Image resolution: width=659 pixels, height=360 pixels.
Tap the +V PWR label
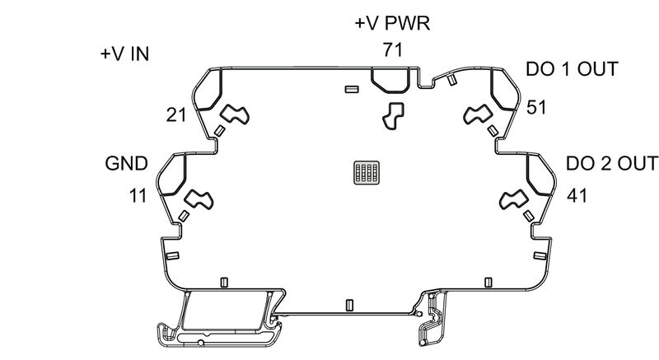pyautogui.click(x=392, y=23)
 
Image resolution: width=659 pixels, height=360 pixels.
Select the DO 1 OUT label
pyautogui.click(x=572, y=69)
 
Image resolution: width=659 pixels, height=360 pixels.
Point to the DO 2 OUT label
pyautogui.click(x=612, y=162)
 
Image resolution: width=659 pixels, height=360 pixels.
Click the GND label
pyautogui.click(x=126, y=162)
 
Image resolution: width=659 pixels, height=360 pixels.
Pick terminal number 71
pyautogui.click(x=392, y=49)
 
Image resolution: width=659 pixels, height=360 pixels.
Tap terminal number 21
pyautogui.click(x=176, y=115)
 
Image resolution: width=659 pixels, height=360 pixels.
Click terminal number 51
pyautogui.click(x=536, y=107)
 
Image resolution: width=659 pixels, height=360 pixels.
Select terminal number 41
pyautogui.click(x=577, y=196)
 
